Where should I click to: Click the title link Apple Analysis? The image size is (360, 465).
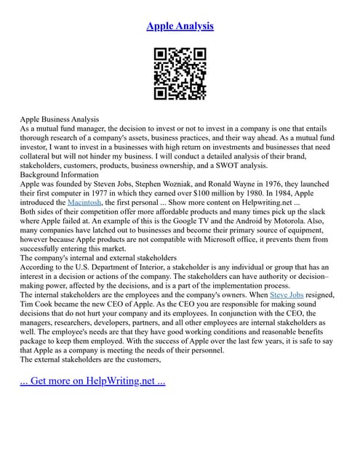click(180, 26)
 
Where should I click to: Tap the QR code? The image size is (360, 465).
click(180, 73)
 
